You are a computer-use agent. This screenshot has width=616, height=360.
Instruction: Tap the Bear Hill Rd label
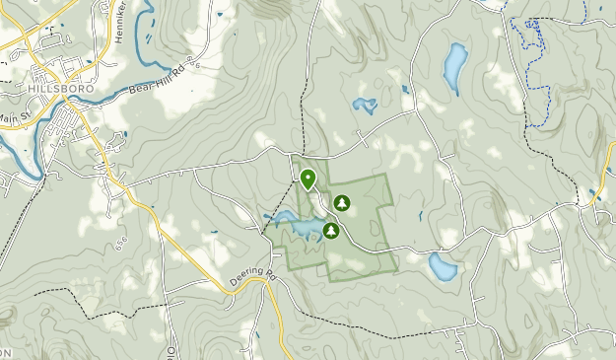coord(157,82)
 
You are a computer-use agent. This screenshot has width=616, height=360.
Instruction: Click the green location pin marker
coord(308,180)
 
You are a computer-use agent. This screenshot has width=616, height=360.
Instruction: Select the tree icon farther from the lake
coord(341,203)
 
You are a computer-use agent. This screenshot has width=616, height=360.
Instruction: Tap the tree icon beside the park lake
coord(331,231)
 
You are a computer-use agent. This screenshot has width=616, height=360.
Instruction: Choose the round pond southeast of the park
coord(442,266)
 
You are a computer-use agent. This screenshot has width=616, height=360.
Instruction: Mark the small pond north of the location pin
coord(366,104)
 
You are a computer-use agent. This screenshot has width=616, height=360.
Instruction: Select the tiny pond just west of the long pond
coord(405,91)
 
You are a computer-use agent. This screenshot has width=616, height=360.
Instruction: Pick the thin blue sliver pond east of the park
coord(421,214)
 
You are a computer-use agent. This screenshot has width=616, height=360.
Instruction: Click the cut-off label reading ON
coord(5,352)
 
